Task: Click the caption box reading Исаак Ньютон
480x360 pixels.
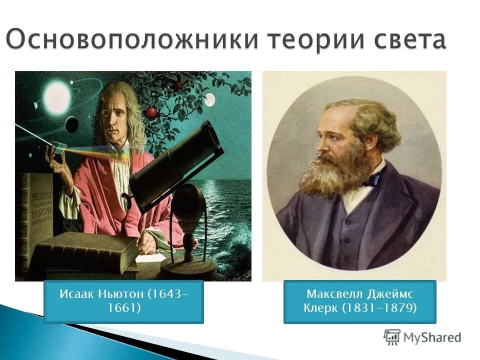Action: [x=123, y=301]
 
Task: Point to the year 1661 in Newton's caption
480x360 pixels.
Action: [x=123, y=308]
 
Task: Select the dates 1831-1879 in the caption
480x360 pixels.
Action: [x=379, y=308]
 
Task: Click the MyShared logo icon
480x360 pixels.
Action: [x=392, y=337]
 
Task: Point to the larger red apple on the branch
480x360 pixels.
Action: [x=151, y=112]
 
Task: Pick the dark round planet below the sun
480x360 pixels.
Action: [x=72, y=123]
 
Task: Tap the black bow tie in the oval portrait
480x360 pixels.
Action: [x=373, y=178]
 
